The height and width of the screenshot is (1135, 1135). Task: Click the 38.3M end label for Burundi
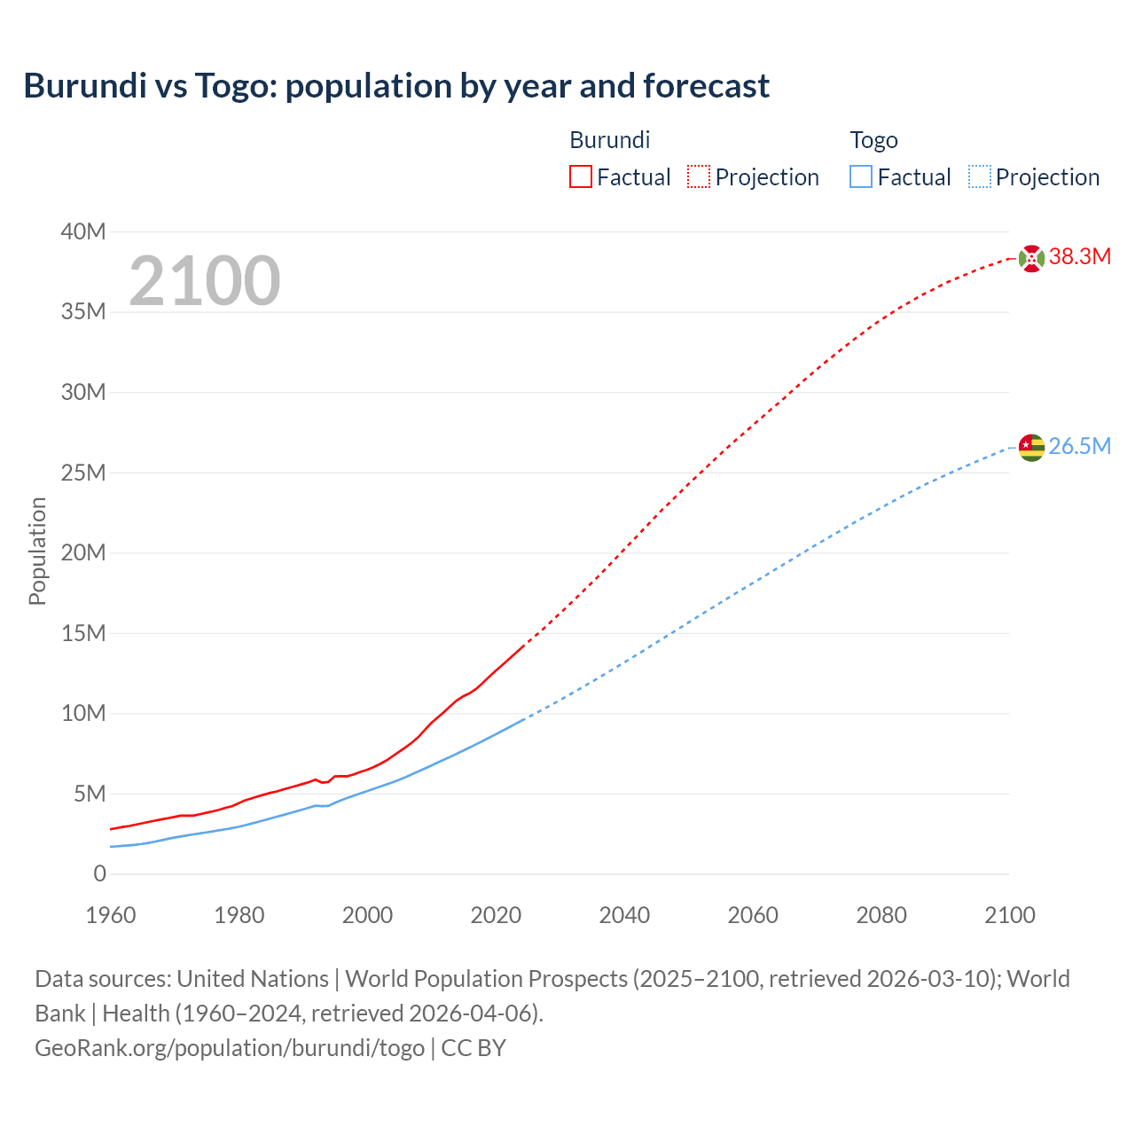tap(1079, 257)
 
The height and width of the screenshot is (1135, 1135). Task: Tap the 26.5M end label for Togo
tap(1079, 446)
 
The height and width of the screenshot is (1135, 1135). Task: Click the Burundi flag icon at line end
tap(1031, 258)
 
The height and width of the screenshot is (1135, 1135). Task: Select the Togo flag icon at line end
tap(1031, 448)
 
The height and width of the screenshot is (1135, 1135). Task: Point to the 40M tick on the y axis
tap(83, 232)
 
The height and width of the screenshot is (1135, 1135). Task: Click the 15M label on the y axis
tap(83, 633)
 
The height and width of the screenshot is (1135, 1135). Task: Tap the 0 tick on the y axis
tap(99, 873)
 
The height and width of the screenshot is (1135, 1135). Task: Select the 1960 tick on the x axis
tap(111, 915)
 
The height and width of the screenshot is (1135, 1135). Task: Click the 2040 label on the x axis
tap(624, 915)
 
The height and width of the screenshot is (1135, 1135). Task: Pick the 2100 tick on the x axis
tap(1009, 915)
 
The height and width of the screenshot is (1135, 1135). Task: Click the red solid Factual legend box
tap(580, 177)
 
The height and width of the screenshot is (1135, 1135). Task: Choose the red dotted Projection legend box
tap(699, 177)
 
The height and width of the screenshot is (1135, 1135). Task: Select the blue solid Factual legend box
tap(860, 177)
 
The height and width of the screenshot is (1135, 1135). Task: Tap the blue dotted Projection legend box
tap(979, 177)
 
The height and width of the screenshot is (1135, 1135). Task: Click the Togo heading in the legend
tap(873, 140)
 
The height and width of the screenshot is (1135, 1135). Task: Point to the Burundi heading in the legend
tap(609, 140)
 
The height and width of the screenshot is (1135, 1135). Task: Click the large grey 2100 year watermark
tap(205, 281)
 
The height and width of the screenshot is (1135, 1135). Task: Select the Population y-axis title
tap(37, 551)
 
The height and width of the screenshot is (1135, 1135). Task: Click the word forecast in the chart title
tap(706, 86)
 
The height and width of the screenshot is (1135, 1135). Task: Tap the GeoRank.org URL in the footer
tap(230, 1047)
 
